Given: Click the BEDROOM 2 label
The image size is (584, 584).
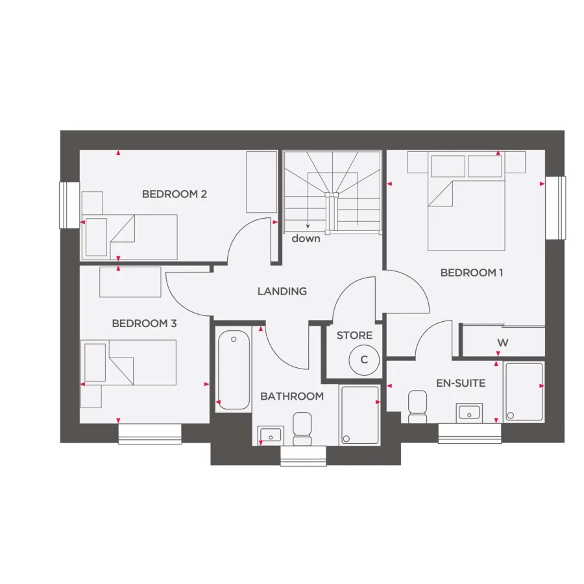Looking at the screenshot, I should [x=175, y=193].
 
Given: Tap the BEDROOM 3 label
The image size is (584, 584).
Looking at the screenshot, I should [x=144, y=323].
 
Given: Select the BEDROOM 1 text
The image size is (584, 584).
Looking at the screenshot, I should [x=472, y=273].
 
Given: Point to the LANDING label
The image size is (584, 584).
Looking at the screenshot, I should [x=282, y=291].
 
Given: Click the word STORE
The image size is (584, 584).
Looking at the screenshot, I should [x=354, y=335].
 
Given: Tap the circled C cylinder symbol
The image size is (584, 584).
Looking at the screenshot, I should [x=364, y=359].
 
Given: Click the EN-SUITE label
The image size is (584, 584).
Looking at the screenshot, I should [x=461, y=383].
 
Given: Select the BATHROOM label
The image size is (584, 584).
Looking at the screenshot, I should [x=292, y=396].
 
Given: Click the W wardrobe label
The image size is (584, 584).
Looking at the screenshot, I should [x=503, y=342].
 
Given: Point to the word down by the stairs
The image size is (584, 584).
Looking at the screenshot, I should [x=306, y=239].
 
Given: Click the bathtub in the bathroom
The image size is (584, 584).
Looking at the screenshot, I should [x=233, y=370].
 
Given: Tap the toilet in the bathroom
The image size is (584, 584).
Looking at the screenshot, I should [x=302, y=429].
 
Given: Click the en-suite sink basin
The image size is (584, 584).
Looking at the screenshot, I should [x=469, y=412].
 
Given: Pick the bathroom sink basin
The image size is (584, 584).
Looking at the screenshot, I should [x=269, y=434].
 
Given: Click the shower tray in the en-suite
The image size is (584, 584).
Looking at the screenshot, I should [x=524, y=391].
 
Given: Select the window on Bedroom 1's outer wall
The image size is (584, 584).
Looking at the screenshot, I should [x=555, y=208].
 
